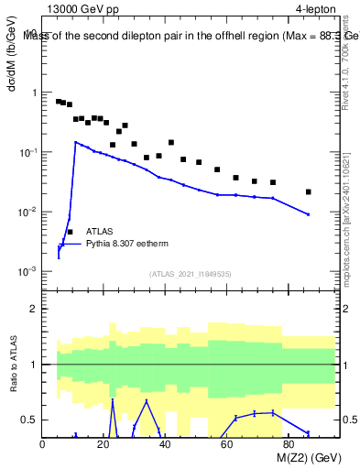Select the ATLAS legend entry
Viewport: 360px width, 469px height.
(x=100, y=233)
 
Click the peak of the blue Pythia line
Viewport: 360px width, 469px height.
(x=76, y=142)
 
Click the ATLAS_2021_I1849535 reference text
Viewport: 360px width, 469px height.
(x=189, y=273)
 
